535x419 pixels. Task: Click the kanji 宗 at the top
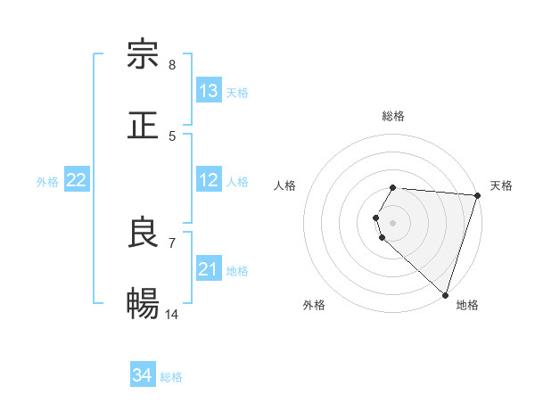[143, 54]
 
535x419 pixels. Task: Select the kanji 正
[143, 125]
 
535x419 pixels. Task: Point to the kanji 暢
[143, 303]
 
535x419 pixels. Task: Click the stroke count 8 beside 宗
[172, 65]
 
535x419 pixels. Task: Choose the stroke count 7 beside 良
[172, 242]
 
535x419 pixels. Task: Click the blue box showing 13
[209, 91]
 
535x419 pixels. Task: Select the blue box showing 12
[209, 181]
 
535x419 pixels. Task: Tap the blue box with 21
[209, 269]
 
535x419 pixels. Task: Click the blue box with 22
[77, 181]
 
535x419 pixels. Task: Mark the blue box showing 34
[143, 375]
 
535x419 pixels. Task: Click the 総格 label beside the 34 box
[171, 377]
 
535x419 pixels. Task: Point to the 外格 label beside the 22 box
[47, 182]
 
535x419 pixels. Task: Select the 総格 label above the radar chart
[393, 116]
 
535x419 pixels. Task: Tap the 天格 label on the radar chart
[501, 185]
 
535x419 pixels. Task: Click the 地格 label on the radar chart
[467, 305]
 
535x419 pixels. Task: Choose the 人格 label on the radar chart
[285, 185]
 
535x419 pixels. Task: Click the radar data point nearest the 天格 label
[477, 195]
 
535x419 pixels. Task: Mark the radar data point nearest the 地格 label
[445, 294]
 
